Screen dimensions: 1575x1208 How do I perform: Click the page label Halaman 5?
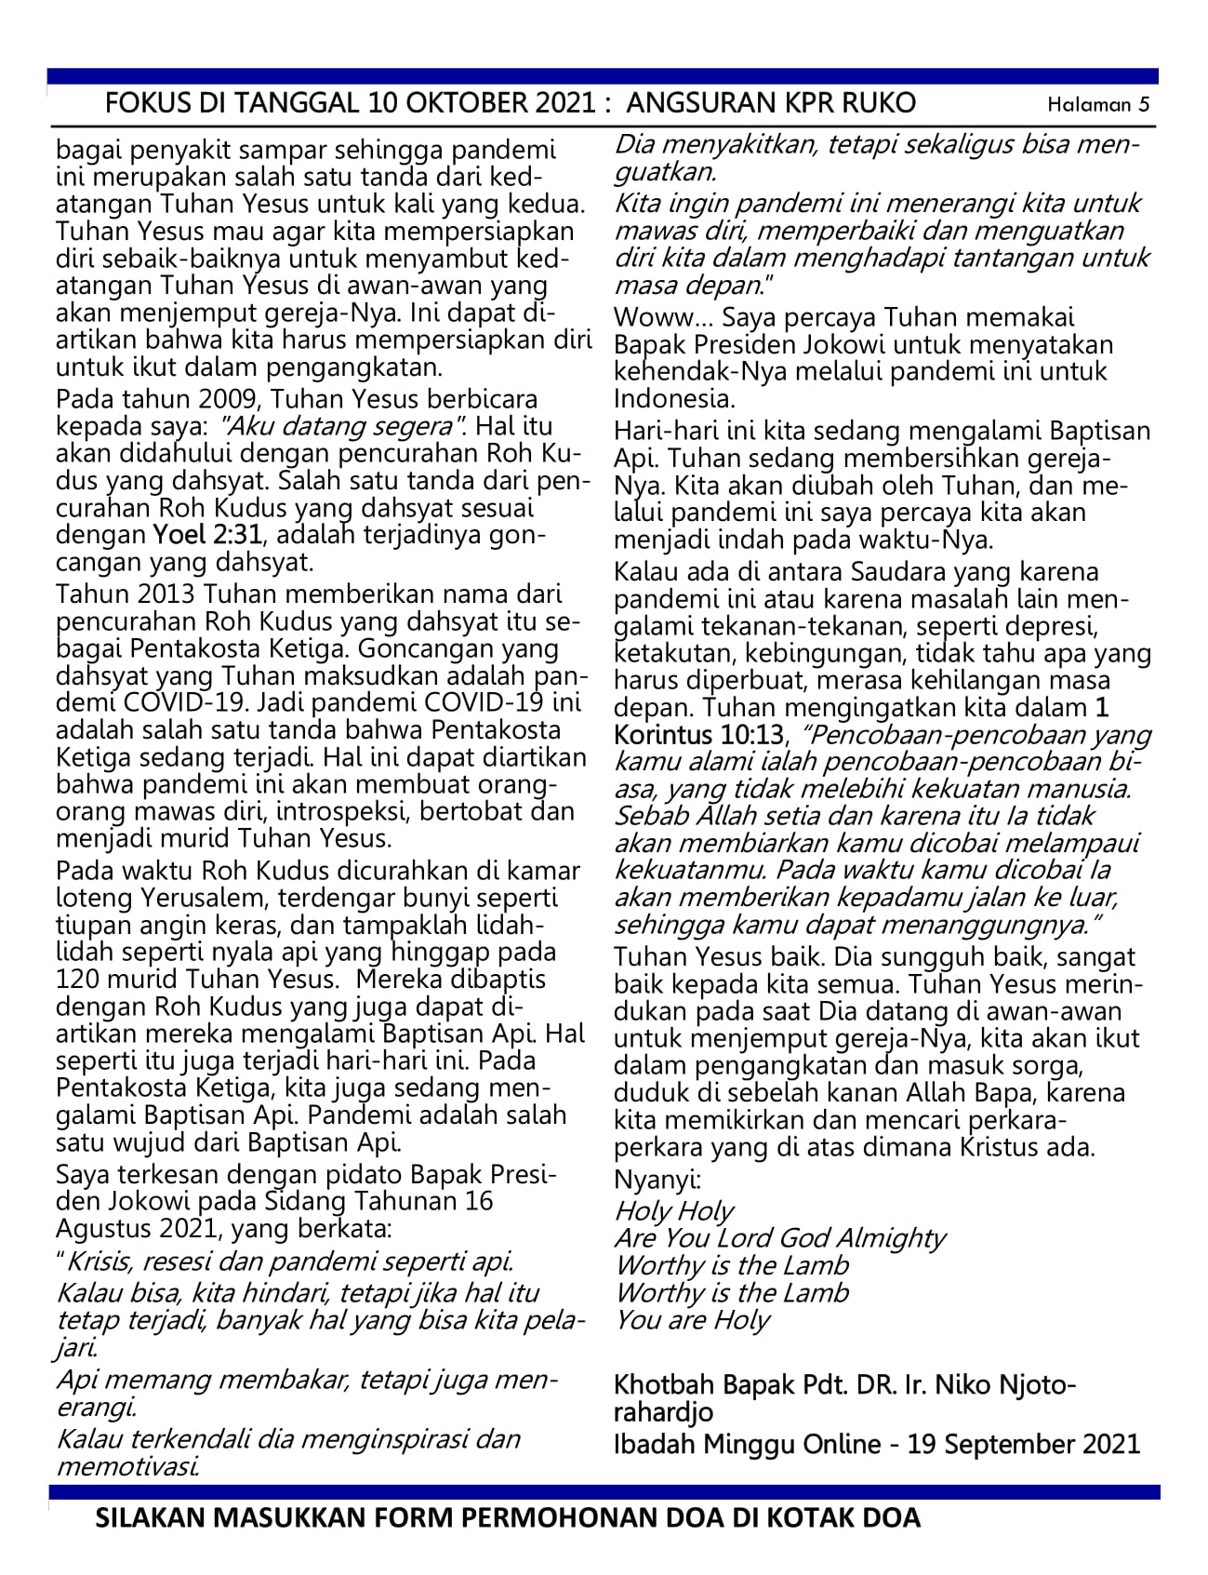(x=1098, y=104)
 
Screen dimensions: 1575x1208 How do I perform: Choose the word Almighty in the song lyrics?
(x=889, y=1238)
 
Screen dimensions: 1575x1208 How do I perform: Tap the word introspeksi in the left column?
(x=341, y=810)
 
